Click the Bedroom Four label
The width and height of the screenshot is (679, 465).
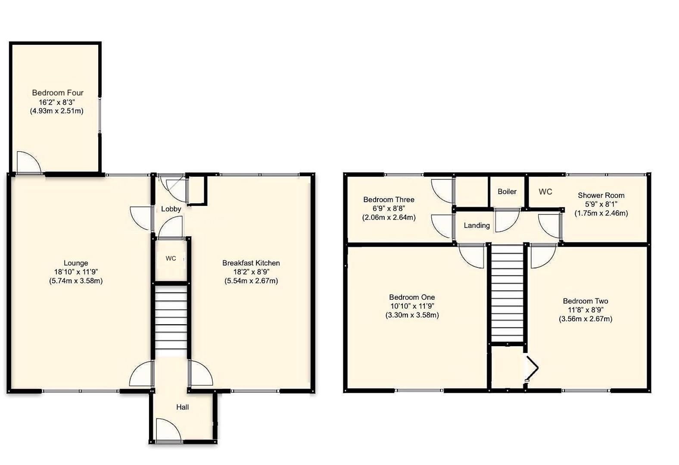(x=58, y=93)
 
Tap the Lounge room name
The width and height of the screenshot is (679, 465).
(x=76, y=263)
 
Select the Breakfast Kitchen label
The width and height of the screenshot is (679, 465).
(x=251, y=263)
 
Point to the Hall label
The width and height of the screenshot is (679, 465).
(x=182, y=407)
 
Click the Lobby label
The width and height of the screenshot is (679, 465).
(x=171, y=209)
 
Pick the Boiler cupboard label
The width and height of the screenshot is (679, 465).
(x=507, y=192)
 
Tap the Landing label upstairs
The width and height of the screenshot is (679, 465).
(x=477, y=225)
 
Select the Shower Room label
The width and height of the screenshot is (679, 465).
(x=601, y=195)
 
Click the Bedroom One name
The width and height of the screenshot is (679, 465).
(x=412, y=297)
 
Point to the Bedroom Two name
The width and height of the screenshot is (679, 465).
(x=586, y=301)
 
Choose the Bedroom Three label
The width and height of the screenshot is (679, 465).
(x=389, y=199)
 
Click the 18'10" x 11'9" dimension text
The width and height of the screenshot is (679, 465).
(x=76, y=272)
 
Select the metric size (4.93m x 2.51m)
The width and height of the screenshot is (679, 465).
(x=56, y=111)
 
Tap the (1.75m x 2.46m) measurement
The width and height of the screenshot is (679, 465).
(x=601, y=213)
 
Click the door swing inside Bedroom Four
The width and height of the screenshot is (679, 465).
(x=28, y=163)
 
